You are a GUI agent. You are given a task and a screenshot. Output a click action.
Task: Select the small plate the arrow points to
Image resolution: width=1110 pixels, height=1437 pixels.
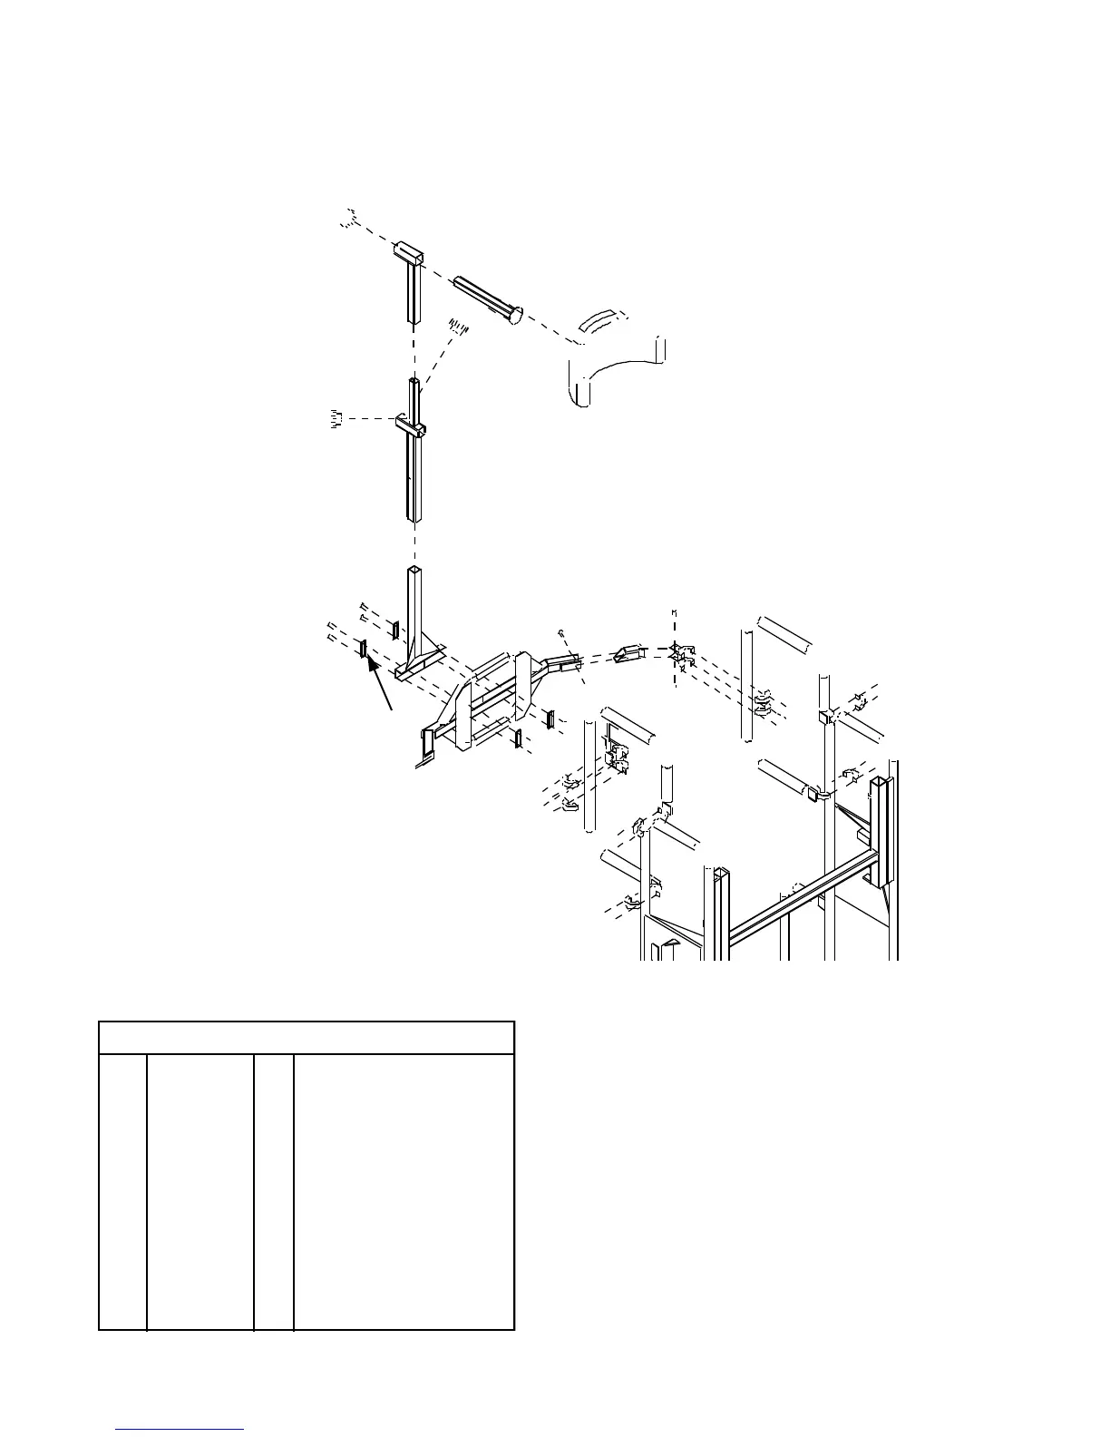[363, 648]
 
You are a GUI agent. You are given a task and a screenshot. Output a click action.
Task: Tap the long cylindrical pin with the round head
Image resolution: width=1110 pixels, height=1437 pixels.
[485, 298]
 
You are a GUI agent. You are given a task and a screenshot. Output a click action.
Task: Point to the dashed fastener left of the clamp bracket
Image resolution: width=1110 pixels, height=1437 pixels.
[335, 418]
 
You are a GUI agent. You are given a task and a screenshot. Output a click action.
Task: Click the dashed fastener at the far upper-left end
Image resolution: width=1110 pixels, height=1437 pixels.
[350, 218]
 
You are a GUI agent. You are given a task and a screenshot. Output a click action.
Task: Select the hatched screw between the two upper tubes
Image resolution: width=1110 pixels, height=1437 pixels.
[459, 327]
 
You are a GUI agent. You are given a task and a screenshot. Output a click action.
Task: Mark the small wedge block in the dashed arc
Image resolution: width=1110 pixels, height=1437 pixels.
[628, 652]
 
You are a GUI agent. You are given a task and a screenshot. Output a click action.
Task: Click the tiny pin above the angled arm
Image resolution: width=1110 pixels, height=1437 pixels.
[562, 631]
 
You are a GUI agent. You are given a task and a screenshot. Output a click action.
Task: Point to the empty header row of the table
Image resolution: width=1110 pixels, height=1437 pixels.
[307, 1038]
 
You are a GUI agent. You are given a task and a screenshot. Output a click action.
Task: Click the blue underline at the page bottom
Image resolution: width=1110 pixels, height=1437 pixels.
[180, 1429]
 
